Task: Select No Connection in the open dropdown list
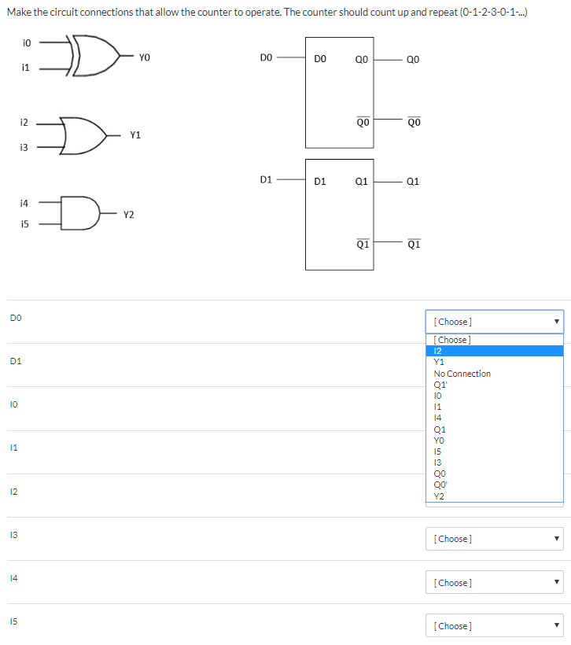coord(462,374)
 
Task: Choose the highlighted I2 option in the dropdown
coord(439,351)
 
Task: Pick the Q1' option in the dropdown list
coord(440,385)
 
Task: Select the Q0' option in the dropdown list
coord(440,485)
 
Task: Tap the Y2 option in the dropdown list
coord(439,496)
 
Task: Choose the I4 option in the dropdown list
coord(438,418)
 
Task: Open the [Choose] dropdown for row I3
coord(494,539)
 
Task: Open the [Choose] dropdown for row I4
coord(494,583)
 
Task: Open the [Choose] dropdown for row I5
coord(494,626)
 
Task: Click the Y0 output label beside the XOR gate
coord(144,57)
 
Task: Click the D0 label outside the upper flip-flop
coord(265,57)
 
